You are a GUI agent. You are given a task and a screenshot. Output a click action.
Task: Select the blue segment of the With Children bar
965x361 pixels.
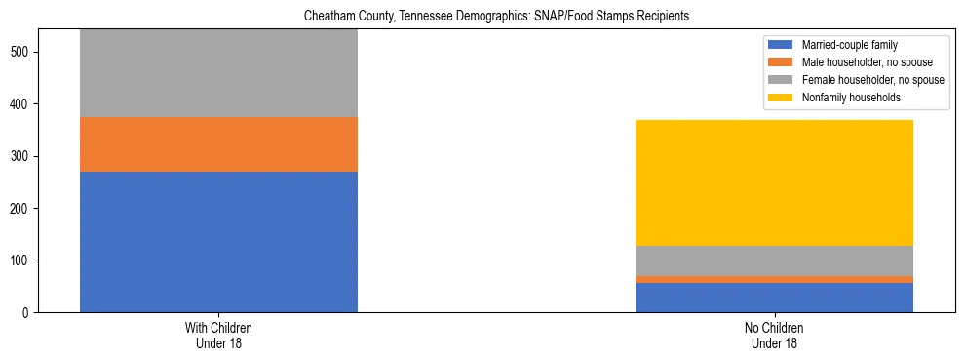pyautogui.click(x=218, y=242)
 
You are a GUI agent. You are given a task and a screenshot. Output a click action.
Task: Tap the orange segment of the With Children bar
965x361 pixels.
pyautogui.click(x=218, y=144)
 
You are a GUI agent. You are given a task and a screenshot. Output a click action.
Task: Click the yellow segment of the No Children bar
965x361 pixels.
pyautogui.click(x=774, y=182)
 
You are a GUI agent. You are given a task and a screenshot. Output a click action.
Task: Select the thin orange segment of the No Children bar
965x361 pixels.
pyautogui.click(x=774, y=280)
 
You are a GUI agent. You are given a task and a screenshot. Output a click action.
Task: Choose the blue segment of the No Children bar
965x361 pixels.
pyautogui.click(x=774, y=298)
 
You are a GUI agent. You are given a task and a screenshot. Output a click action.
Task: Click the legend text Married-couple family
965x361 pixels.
pyautogui.click(x=849, y=45)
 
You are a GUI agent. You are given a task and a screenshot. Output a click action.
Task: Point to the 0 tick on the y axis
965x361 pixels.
pyautogui.click(x=30, y=313)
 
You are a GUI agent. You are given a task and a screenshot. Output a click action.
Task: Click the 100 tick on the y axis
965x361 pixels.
pyautogui.click(x=24, y=261)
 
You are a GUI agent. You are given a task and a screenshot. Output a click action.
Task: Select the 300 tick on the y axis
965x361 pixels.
pyautogui.click(x=24, y=156)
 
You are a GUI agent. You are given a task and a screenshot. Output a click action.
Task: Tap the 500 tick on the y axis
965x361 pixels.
pyautogui.click(x=24, y=52)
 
